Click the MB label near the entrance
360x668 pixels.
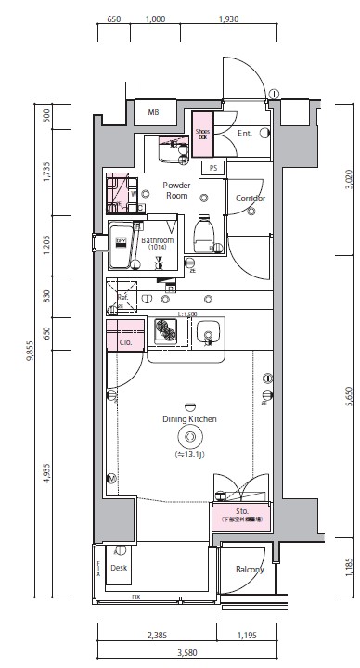(154, 114)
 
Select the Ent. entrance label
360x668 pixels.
(245, 135)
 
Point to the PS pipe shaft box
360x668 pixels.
(212, 168)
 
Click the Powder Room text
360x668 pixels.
(176, 190)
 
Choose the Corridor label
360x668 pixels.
(251, 199)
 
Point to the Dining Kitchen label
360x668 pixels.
(189, 419)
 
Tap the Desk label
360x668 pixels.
(119, 567)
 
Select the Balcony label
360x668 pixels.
(250, 570)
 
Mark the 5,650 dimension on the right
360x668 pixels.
(348, 394)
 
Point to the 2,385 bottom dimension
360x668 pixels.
(157, 636)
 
